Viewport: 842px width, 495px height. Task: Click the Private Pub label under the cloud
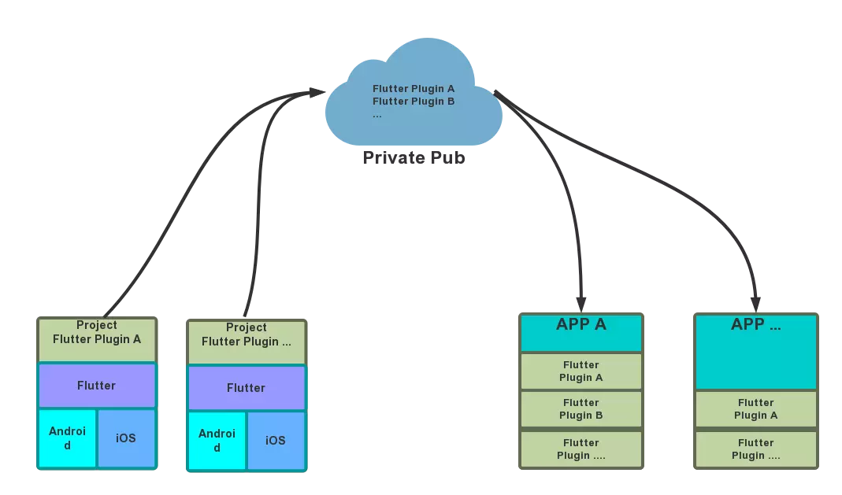click(x=414, y=157)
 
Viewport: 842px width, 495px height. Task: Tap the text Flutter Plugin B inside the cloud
click(x=414, y=102)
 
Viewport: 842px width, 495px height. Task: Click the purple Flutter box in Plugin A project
click(x=97, y=386)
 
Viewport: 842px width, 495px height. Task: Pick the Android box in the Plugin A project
click(x=67, y=438)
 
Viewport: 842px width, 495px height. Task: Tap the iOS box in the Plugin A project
click(x=126, y=438)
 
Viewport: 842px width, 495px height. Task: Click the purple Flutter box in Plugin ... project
click(x=246, y=388)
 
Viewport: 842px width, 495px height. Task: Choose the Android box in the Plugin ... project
click(x=217, y=441)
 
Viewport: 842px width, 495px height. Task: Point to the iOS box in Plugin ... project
click(x=276, y=441)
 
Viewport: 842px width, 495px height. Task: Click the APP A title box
click(x=581, y=332)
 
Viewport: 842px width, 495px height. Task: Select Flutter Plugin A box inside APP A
click(x=581, y=371)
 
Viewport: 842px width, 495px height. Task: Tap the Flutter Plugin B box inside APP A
click(x=581, y=409)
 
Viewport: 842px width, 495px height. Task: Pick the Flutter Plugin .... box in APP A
click(x=581, y=449)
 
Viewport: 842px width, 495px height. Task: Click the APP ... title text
click(x=755, y=325)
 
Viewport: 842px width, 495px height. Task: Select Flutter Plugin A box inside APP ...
click(x=755, y=409)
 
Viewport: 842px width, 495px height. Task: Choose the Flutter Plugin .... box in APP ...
click(x=755, y=449)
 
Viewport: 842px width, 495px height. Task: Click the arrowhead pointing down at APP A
click(x=581, y=302)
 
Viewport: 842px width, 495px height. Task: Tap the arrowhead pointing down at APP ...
click(x=756, y=302)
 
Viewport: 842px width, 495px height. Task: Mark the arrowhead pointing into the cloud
click(x=317, y=92)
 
